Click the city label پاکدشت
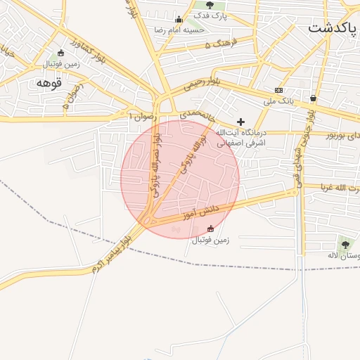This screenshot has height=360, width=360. point(333,29)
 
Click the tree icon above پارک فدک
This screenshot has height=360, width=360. point(210,6)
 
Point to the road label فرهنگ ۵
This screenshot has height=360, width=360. point(218,44)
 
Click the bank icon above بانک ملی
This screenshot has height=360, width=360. point(278,90)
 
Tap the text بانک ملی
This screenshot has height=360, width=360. point(278,101)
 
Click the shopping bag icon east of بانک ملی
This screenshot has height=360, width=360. point(313,98)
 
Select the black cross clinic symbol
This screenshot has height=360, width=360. point(240,122)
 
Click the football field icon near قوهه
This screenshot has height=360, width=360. point(60,53)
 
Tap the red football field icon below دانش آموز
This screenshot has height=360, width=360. point(210,229)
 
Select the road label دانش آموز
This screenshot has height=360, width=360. point(201,210)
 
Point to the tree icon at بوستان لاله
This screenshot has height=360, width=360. point(345,244)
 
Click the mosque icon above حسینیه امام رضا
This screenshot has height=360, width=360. point(179,19)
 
